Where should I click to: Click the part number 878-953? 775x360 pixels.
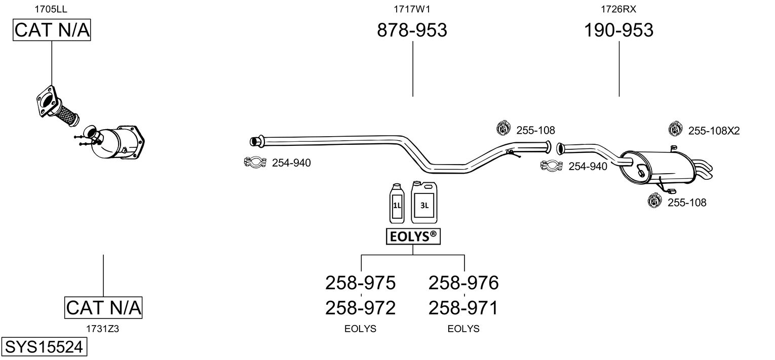pos(412,30)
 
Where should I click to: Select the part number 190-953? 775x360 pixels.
pos(618,30)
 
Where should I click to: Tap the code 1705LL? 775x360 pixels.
pos(51,9)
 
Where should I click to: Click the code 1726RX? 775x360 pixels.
pos(618,9)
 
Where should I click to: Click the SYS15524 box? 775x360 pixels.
pos(44,347)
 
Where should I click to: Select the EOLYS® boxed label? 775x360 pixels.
pos(412,236)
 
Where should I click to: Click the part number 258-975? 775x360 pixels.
pos(360,283)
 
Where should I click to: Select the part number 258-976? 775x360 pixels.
pos(463,283)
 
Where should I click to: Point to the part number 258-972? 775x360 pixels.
pos(360,307)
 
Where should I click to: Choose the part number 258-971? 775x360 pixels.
pos(463,307)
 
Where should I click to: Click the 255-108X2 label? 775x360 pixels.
pos(714,131)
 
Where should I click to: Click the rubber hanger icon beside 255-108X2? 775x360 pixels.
pos(675,130)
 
